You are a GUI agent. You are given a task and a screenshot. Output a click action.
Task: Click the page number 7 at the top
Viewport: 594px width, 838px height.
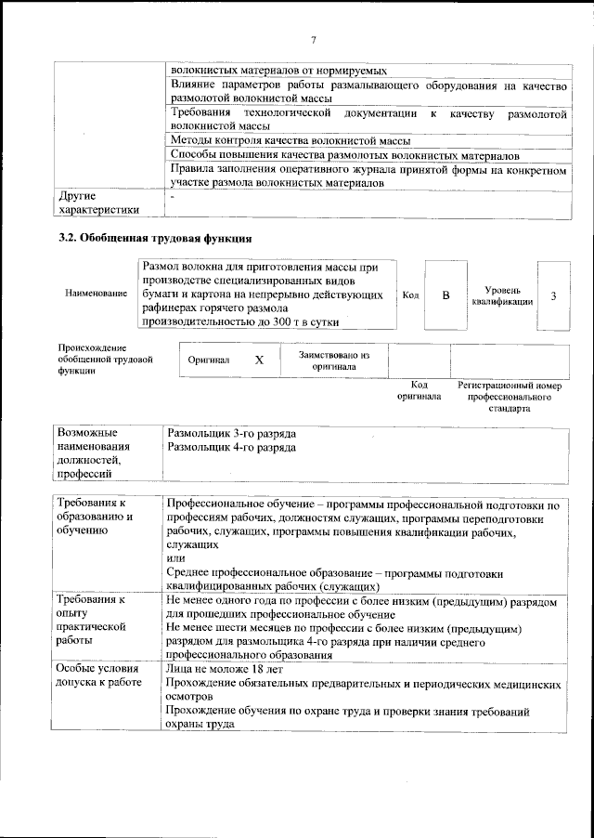pyautogui.click(x=314, y=39)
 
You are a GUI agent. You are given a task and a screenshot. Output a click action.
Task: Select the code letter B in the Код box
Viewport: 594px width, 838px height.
pyautogui.click(x=445, y=295)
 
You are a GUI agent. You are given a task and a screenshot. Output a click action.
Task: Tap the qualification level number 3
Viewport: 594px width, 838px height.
pyautogui.click(x=553, y=295)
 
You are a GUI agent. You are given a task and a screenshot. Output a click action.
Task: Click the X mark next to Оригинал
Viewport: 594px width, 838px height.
pyautogui.click(x=260, y=359)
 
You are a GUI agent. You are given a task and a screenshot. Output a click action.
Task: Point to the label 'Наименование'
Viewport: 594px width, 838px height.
pyautogui.click(x=97, y=294)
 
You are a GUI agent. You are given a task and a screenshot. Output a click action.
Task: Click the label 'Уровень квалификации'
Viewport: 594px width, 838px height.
pyautogui.click(x=501, y=295)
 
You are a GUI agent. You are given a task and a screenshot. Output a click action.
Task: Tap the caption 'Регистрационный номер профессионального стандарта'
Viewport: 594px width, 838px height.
pyautogui.click(x=510, y=396)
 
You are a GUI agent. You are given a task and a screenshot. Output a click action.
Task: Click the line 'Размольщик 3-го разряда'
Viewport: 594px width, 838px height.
pyautogui.click(x=231, y=433)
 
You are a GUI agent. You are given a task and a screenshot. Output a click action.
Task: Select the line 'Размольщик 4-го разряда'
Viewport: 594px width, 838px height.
pyautogui.click(x=231, y=447)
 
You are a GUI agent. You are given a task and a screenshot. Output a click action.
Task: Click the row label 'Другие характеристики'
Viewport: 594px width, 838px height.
pyautogui.click(x=97, y=203)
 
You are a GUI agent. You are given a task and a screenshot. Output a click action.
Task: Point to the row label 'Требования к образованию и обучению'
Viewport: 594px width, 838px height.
pyautogui.click(x=95, y=517)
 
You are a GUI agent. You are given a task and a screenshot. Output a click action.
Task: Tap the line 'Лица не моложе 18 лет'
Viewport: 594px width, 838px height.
pyautogui.click(x=225, y=669)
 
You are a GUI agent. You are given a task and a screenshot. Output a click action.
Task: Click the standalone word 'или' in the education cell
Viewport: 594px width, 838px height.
pyautogui.click(x=174, y=558)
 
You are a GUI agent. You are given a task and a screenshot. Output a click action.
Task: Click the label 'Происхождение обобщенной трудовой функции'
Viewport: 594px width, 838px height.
pyautogui.click(x=105, y=358)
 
